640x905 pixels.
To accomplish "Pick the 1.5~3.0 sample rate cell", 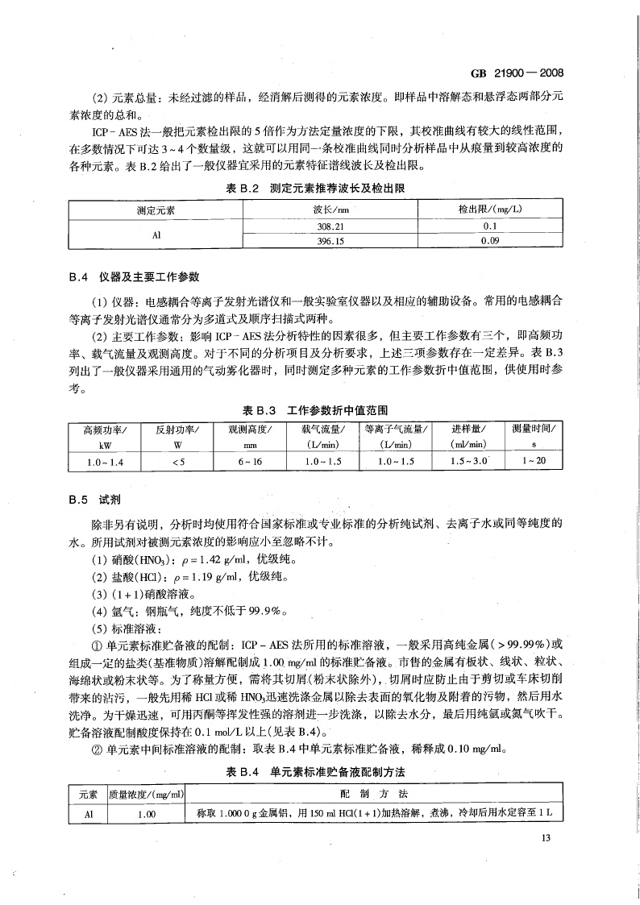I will coord(467,461).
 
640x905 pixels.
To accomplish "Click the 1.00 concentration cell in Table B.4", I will coord(146,814).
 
